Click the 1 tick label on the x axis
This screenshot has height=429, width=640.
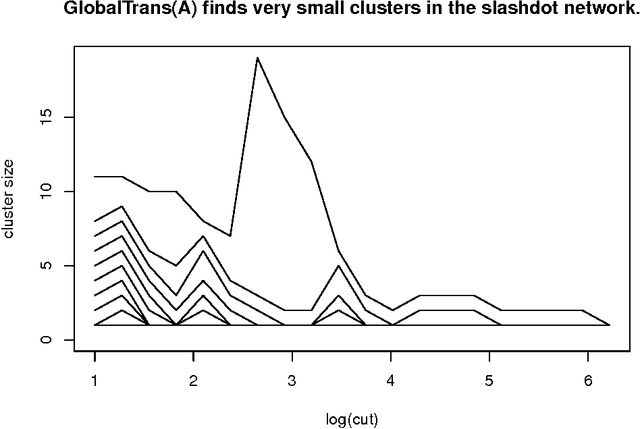click(x=95, y=382)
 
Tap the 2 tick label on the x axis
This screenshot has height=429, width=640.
click(x=193, y=382)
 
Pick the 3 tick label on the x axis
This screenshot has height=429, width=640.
click(x=292, y=382)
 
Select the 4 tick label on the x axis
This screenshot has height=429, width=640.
click(x=390, y=382)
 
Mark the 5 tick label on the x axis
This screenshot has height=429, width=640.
click(x=489, y=382)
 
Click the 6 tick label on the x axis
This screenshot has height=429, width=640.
click(x=587, y=382)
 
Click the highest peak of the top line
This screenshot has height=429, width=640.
click(x=258, y=57)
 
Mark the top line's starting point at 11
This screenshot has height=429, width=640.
click(x=95, y=176)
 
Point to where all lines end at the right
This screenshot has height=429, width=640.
click(x=610, y=325)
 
